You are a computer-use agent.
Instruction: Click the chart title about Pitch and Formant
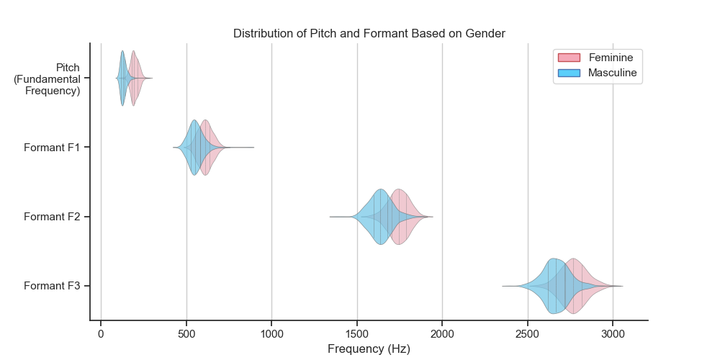[x=369, y=34]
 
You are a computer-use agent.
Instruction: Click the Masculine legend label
[x=613, y=73]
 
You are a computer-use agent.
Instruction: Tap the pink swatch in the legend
[x=569, y=58]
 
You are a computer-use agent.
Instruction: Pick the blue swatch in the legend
[x=569, y=73]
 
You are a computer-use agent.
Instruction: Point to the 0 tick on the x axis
[x=101, y=334]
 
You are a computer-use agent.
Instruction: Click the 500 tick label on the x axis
[x=186, y=334]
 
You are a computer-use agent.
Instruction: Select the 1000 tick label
[x=271, y=334]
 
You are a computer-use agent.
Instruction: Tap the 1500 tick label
[x=357, y=334]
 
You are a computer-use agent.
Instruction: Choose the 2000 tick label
[x=442, y=334]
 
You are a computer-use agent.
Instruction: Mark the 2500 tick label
[x=528, y=334]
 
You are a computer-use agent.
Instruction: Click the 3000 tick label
[x=613, y=334]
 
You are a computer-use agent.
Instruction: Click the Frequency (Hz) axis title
[x=369, y=349]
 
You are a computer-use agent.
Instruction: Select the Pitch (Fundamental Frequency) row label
[x=47, y=79]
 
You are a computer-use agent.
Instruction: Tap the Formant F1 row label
[x=52, y=148]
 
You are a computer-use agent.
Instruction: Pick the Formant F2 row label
[x=52, y=217]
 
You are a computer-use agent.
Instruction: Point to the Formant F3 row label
[x=52, y=286]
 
